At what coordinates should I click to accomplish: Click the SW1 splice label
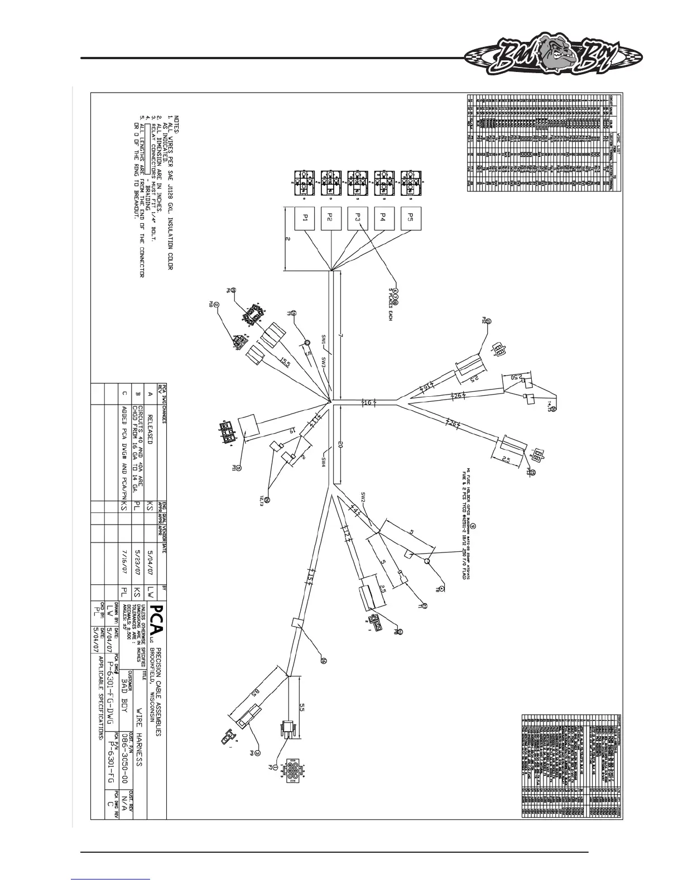pyautogui.click(x=324, y=339)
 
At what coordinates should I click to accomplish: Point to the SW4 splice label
pyautogui.click(x=324, y=462)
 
